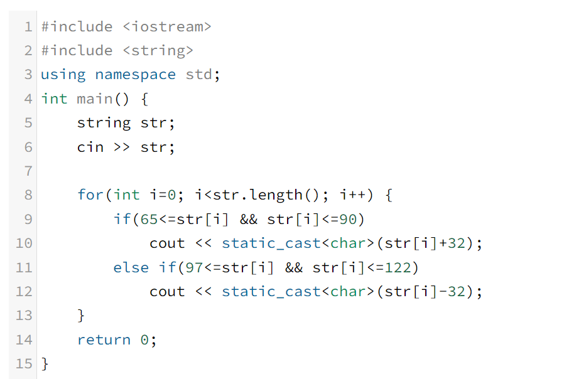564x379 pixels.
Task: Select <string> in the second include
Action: coord(158,50)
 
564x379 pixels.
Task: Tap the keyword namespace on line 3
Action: coord(135,75)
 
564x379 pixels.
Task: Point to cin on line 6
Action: coord(90,147)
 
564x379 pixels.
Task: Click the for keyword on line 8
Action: coord(90,195)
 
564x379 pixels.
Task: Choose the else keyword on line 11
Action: coord(131,267)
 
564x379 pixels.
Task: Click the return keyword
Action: coord(104,339)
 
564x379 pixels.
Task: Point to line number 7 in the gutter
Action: coord(28,171)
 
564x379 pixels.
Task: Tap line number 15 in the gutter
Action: coord(24,364)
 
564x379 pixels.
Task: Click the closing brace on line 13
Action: coord(80,316)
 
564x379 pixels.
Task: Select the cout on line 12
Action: coord(167,292)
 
